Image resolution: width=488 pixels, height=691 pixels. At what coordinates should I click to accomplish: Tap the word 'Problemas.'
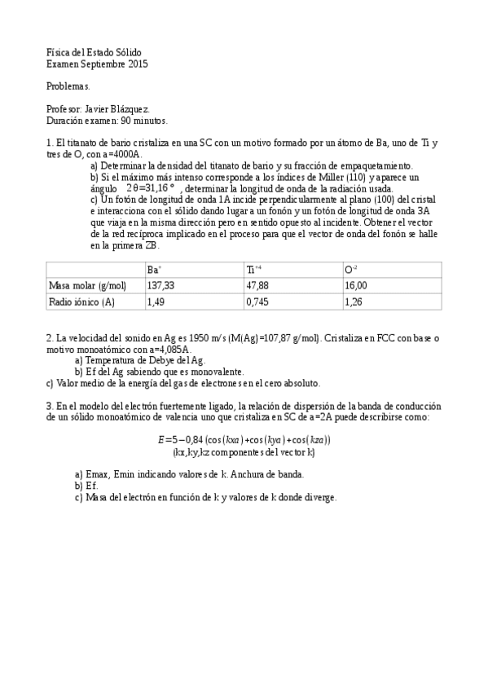click(68, 86)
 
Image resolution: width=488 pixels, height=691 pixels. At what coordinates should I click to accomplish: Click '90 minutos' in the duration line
click(144, 121)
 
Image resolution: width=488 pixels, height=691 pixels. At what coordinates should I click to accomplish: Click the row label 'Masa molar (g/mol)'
click(88, 285)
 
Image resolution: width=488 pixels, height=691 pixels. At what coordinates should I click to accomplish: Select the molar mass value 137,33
click(160, 285)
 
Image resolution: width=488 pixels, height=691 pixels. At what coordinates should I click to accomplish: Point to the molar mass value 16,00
click(356, 285)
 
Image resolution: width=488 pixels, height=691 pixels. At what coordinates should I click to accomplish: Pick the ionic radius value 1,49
click(156, 301)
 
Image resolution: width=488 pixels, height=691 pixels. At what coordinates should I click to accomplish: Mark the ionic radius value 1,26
click(354, 301)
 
